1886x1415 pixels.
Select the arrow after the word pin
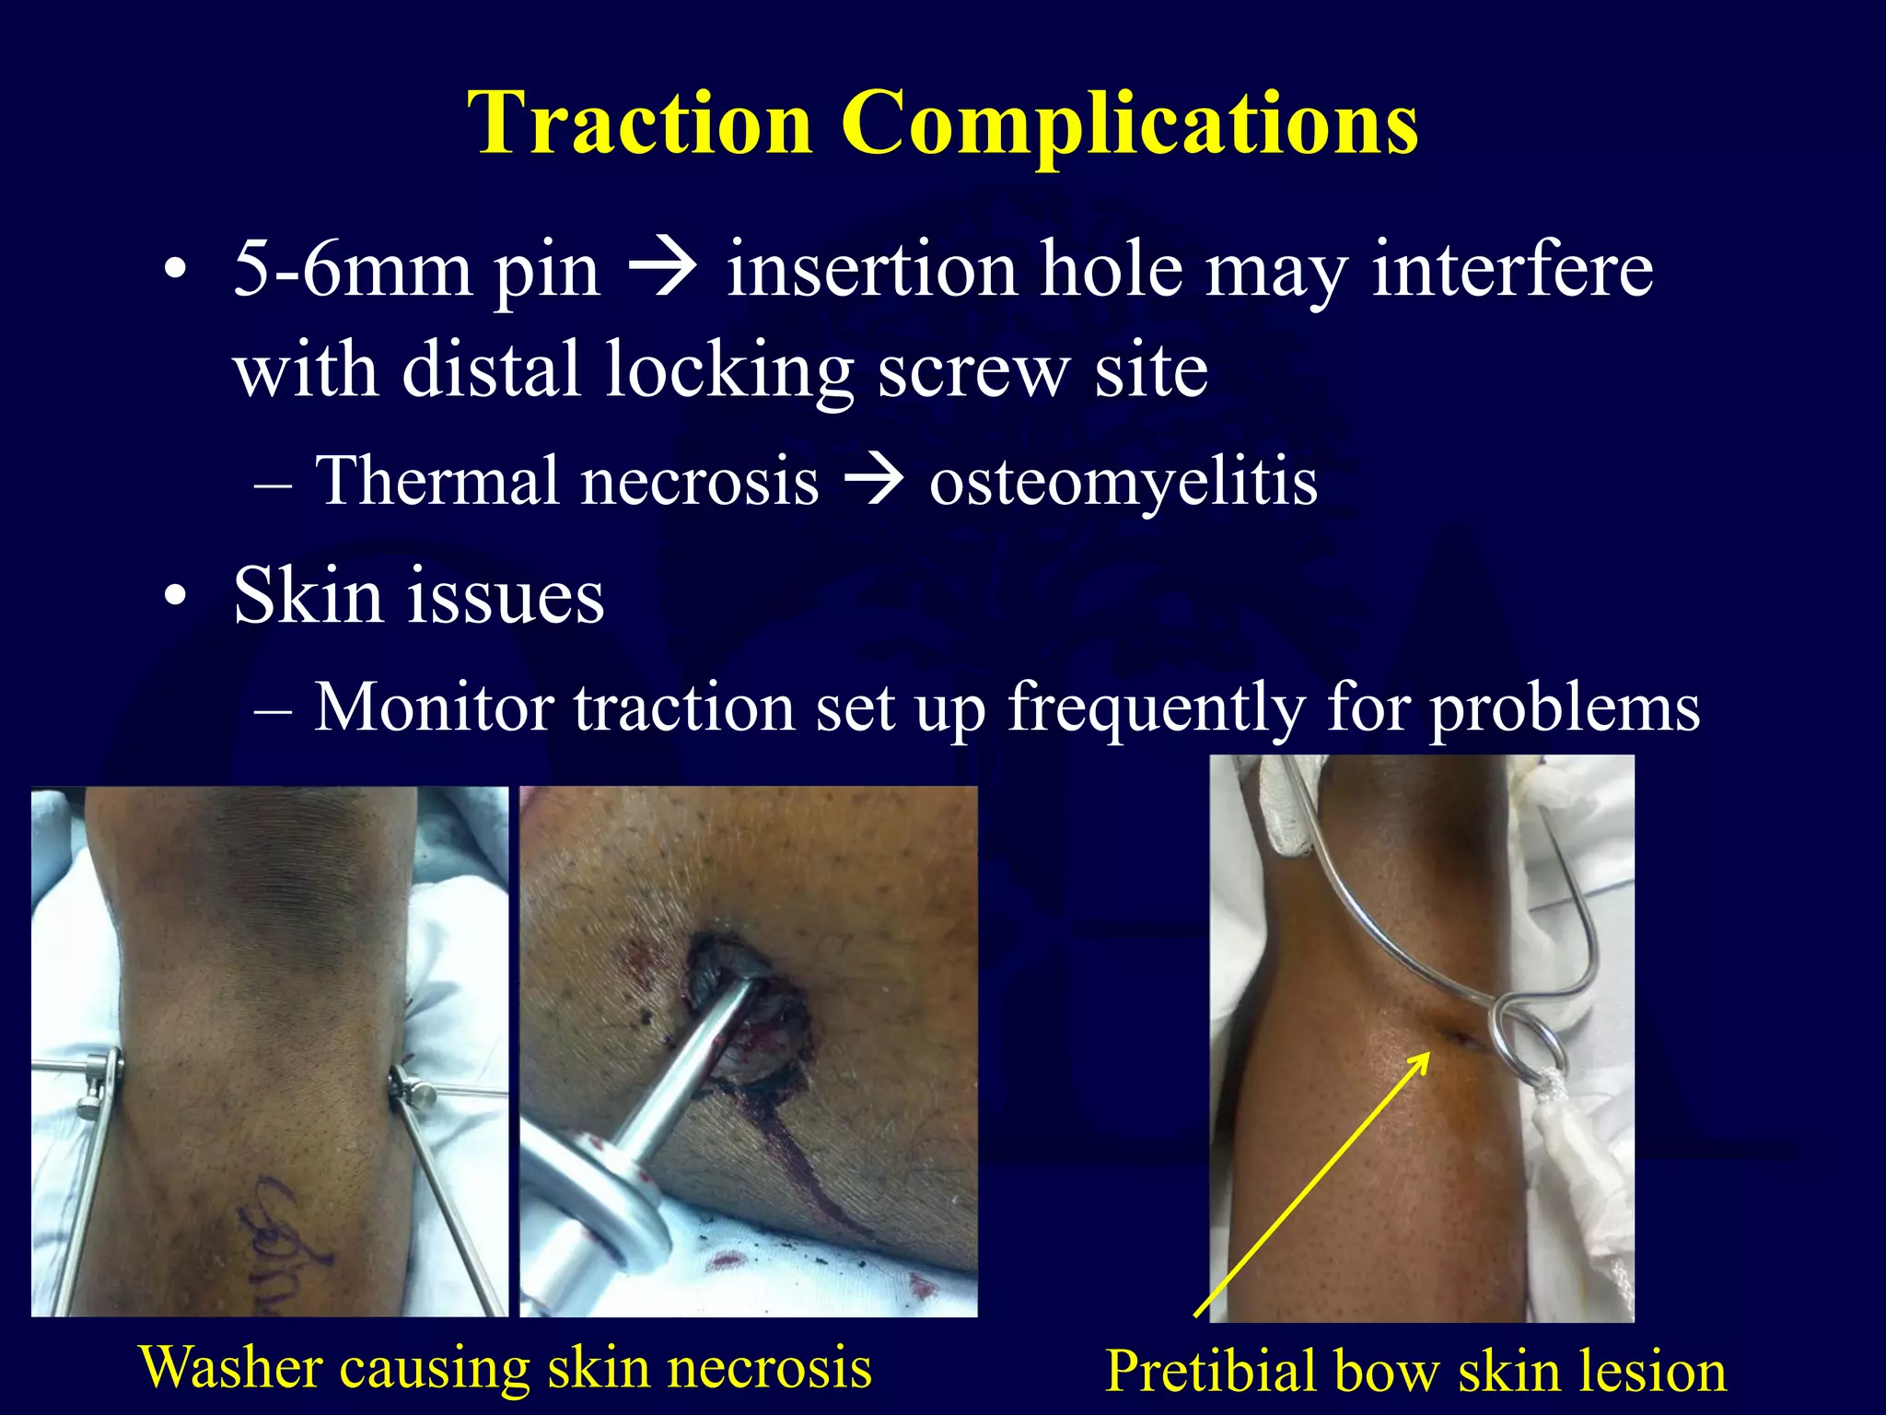tap(661, 270)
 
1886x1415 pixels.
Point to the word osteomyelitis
tap(1123, 482)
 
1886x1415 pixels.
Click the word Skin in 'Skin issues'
tap(307, 596)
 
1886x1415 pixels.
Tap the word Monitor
tap(434, 707)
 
